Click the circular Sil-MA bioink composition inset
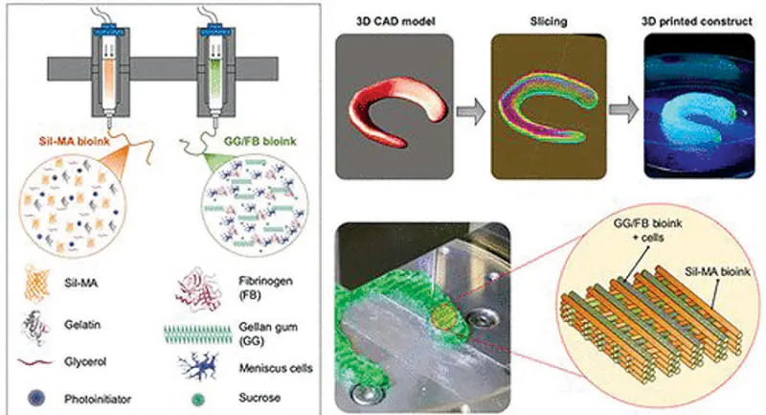[75, 210]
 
